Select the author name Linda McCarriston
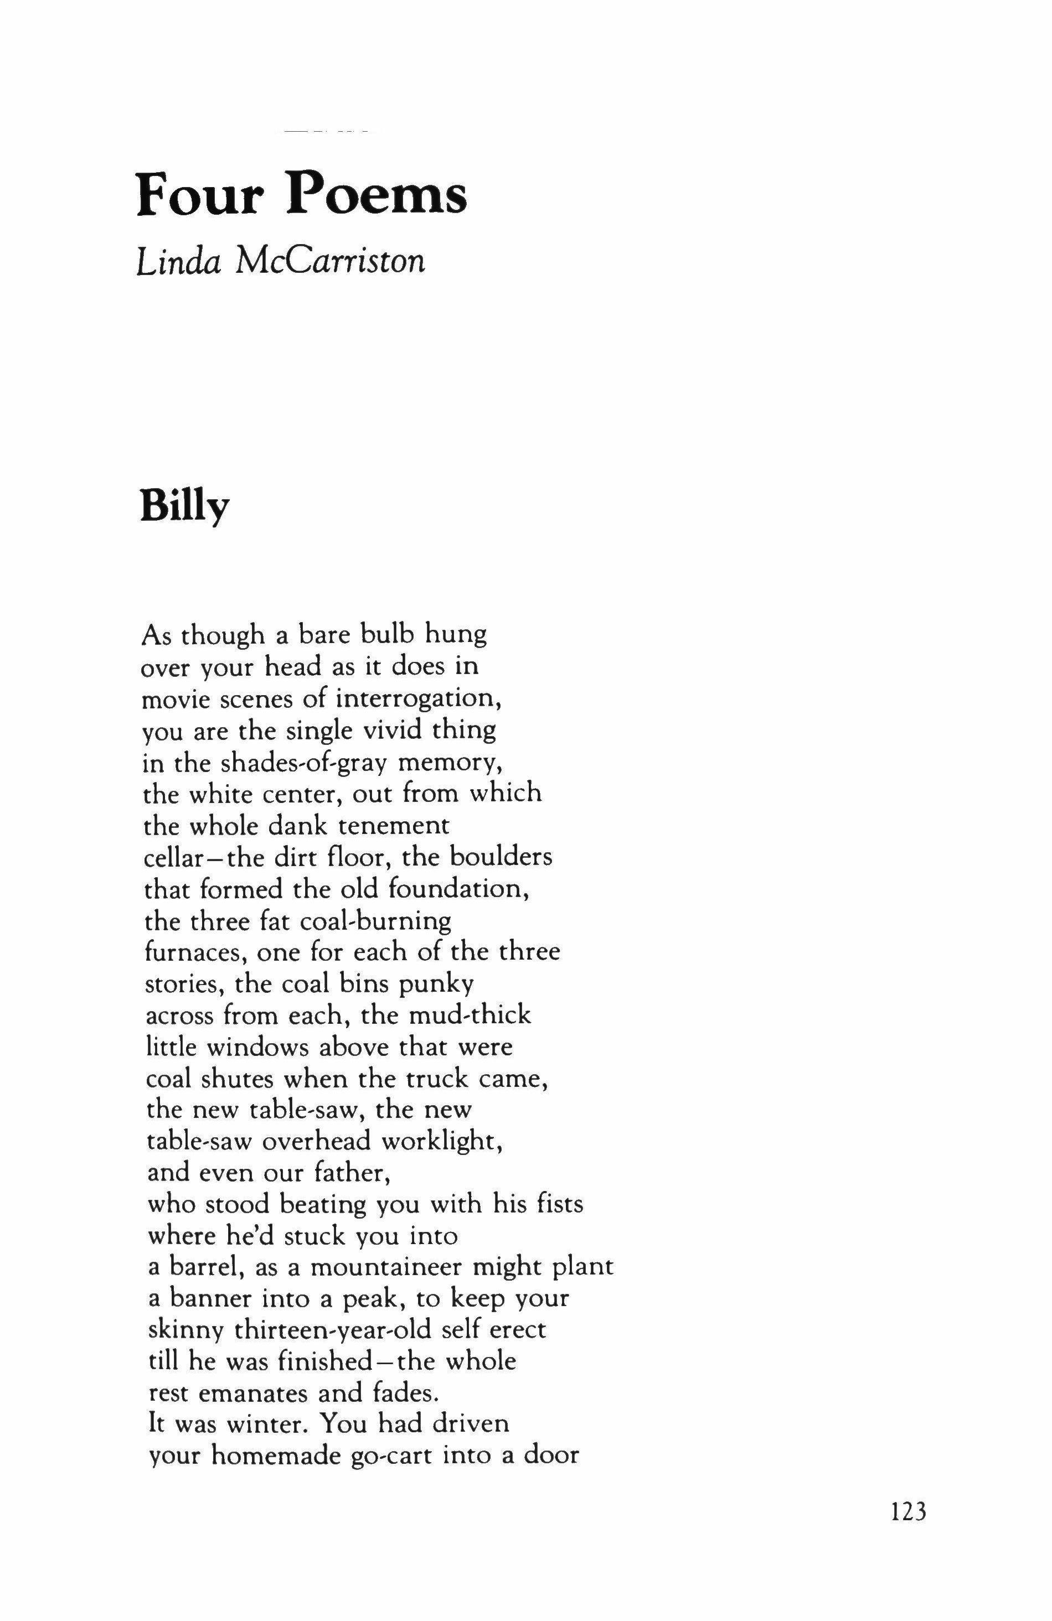click(281, 261)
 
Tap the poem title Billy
click(184, 508)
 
